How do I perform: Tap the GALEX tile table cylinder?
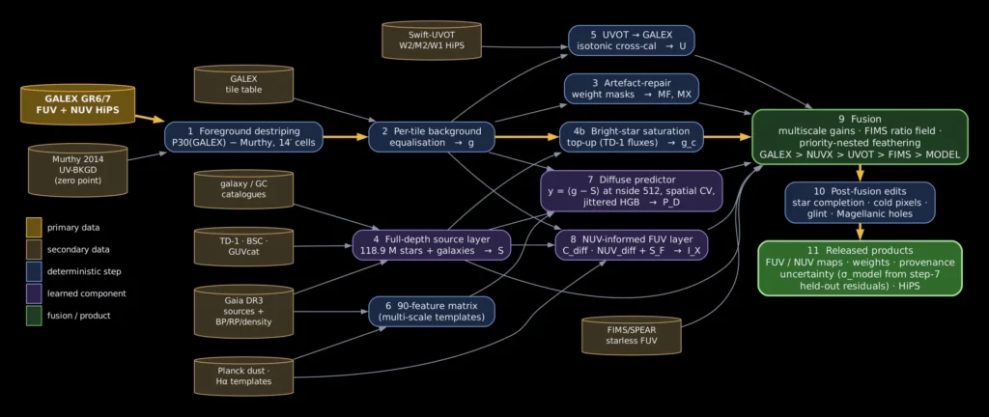[x=244, y=84]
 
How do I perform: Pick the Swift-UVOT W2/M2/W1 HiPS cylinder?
[x=432, y=41]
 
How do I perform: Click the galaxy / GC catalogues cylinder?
[x=244, y=189]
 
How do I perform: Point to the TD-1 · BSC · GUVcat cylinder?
[x=244, y=246]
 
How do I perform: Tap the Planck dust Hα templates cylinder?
[x=244, y=376]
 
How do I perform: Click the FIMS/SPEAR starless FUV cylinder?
[x=633, y=335]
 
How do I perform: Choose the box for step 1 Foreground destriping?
[x=243, y=137]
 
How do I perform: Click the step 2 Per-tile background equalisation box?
[x=432, y=137]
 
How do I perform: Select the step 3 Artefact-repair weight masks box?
[x=632, y=89]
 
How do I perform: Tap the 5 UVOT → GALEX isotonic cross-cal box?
[x=632, y=41]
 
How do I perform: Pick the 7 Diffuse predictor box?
[x=631, y=190]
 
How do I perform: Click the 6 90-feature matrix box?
[x=432, y=311]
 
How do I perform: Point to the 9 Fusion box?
[x=860, y=137]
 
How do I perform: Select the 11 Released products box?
[x=860, y=267]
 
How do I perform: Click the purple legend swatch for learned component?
[x=34, y=292]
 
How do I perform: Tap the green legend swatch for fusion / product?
[x=34, y=315]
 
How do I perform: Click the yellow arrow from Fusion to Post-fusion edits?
[x=860, y=173]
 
